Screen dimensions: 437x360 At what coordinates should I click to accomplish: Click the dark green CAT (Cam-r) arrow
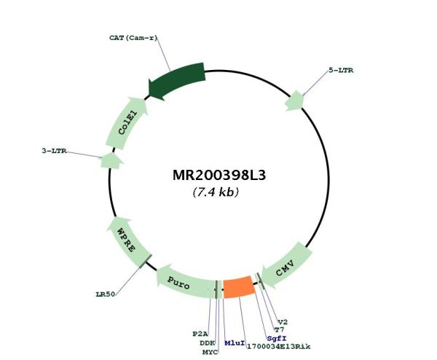[177, 82]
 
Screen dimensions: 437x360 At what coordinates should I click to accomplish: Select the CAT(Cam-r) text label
[133, 38]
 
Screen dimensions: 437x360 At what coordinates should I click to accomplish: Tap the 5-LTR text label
[341, 70]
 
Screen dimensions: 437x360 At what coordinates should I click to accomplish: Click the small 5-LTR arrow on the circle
[294, 101]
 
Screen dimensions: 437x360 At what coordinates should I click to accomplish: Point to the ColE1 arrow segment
[127, 122]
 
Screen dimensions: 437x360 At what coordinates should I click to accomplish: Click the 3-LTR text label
[54, 151]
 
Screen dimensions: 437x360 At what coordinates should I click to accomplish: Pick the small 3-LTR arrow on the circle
[111, 161]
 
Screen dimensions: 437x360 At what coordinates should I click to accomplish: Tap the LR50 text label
[105, 294]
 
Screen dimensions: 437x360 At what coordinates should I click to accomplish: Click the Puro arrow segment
[185, 282]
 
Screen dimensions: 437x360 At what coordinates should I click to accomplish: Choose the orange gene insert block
[239, 287]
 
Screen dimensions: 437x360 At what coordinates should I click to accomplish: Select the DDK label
[207, 343]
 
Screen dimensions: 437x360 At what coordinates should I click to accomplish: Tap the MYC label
[210, 352]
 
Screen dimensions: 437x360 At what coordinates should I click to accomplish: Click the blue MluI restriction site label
[235, 343]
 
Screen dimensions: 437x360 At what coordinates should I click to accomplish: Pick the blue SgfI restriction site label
[277, 339]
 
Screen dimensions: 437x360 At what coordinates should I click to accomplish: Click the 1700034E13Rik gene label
[279, 347]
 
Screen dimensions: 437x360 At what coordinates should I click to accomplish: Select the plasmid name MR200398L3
[219, 176]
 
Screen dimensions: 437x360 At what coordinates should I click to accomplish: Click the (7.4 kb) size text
[216, 192]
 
